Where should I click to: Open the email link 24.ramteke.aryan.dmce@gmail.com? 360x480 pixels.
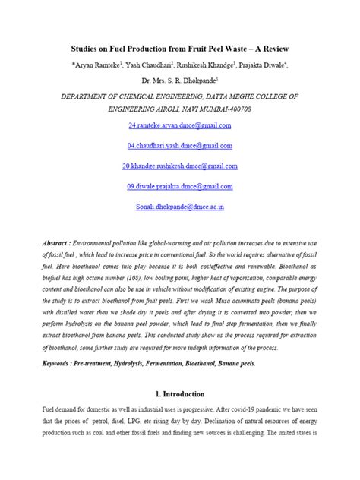click(179, 124)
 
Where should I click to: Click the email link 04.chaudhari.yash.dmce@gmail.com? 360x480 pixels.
click(179, 145)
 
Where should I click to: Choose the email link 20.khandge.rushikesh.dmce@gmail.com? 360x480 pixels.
click(179, 166)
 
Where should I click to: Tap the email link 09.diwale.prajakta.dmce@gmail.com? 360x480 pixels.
click(179, 187)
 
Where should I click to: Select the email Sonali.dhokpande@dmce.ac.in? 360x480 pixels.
click(179, 207)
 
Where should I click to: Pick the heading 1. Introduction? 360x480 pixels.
click(179, 395)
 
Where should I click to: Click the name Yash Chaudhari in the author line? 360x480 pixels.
click(145, 62)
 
